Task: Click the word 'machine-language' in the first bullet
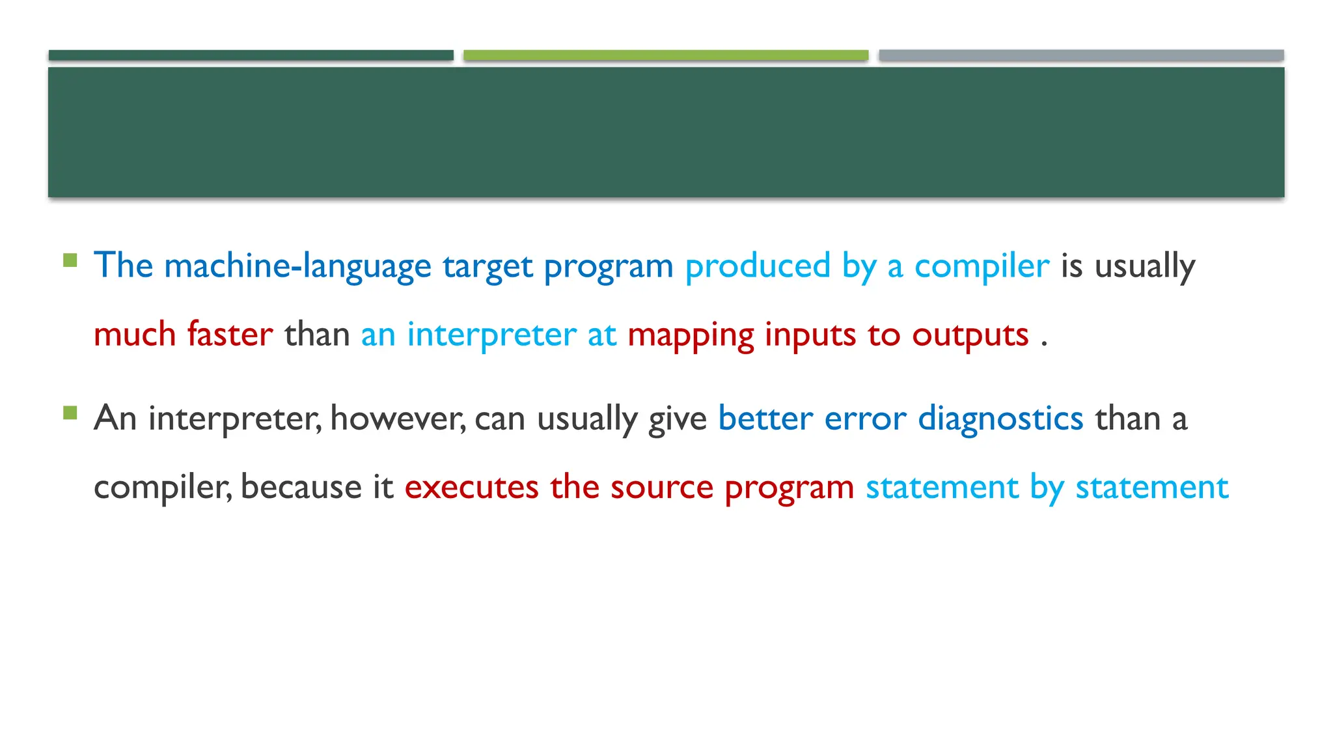click(297, 266)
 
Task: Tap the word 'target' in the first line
click(488, 266)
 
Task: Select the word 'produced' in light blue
click(758, 266)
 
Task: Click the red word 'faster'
click(230, 335)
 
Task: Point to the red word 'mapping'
click(691, 336)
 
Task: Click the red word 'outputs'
click(970, 336)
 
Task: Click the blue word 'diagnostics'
click(1000, 419)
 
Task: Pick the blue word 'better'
click(765, 418)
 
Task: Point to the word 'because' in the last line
click(301, 487)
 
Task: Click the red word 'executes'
click(471, 487)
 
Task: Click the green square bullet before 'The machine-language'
click(70, 261)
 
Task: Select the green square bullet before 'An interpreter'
click(70, 413)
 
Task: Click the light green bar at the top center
click(666, 55)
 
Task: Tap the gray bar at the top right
click(1081, 55)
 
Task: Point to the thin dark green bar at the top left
click(251, 55)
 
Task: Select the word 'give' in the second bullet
click(677, 419)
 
